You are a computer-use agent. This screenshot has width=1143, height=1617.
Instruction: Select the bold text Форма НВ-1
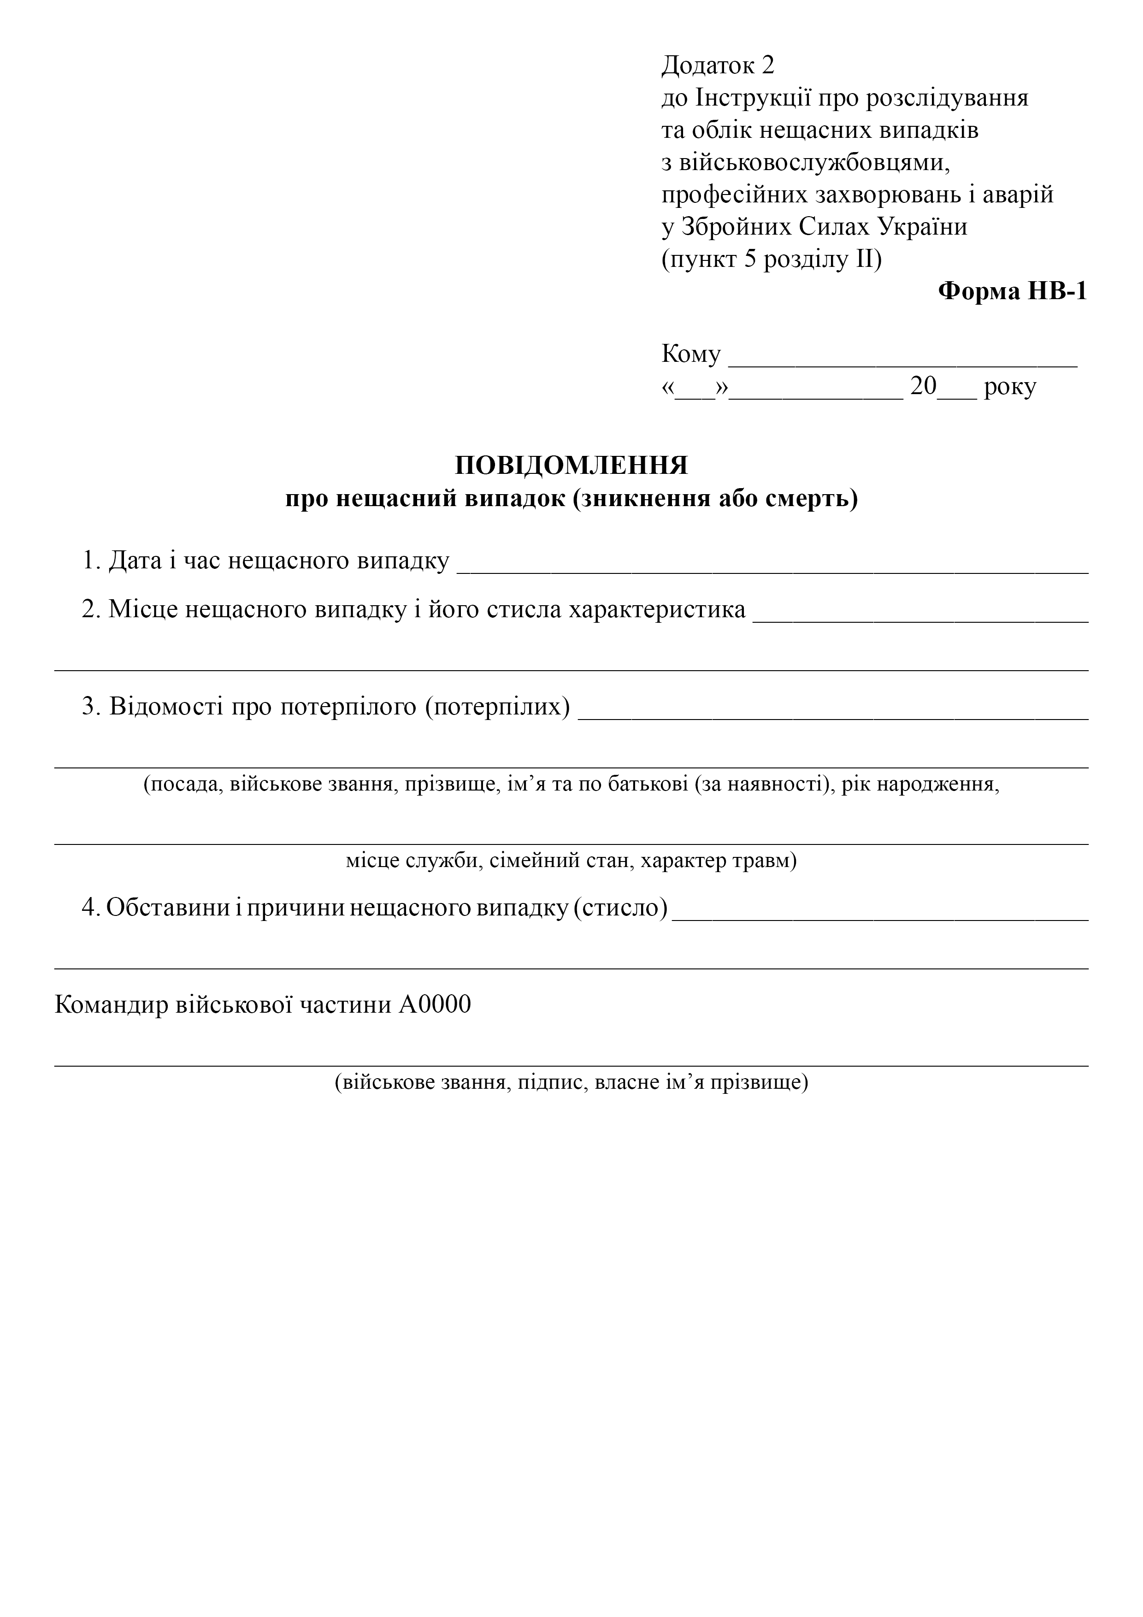1012,291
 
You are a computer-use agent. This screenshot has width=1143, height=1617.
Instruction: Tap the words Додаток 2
718,65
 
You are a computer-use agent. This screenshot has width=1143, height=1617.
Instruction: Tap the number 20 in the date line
923,386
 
